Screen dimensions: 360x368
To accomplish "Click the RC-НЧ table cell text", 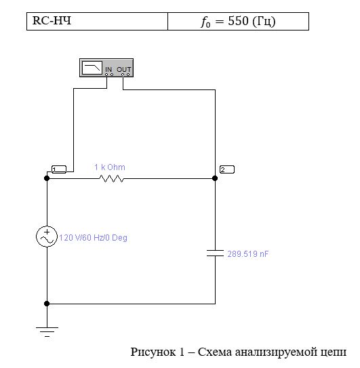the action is (x=52, y=20).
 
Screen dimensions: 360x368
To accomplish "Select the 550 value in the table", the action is (x=238, y=21).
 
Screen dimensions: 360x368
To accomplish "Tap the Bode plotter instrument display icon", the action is (x=92, y=68).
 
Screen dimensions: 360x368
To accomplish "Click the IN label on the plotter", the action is (x=108, y=70).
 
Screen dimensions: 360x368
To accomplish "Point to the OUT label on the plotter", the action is (x=124, y=70).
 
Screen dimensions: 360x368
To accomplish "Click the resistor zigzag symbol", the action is (x=112, y=178).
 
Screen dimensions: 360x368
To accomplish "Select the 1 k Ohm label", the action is (x=110, y=167).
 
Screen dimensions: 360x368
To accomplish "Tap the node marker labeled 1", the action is (x=59, y=169).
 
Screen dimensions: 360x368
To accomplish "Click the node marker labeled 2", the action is (x=227, y=169).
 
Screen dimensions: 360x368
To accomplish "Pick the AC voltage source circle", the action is (x=47, y=237).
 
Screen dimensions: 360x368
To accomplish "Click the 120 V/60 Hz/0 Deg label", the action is (x=93, y=238).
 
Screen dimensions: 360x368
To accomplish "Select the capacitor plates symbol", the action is (x=215, y=253).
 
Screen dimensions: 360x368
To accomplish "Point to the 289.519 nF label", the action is (x=247, y=254).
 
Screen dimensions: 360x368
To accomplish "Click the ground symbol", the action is (x=47, y=332).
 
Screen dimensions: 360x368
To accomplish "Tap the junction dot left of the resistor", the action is (x=47, y=178).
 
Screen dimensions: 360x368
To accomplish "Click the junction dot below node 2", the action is (x=215, y=178).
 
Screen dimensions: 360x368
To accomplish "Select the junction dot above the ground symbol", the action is (x=47, y=304).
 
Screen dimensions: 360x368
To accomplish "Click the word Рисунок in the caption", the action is (x=153, y=352).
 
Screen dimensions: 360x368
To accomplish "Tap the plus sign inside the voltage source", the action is (x=47, y=232).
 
